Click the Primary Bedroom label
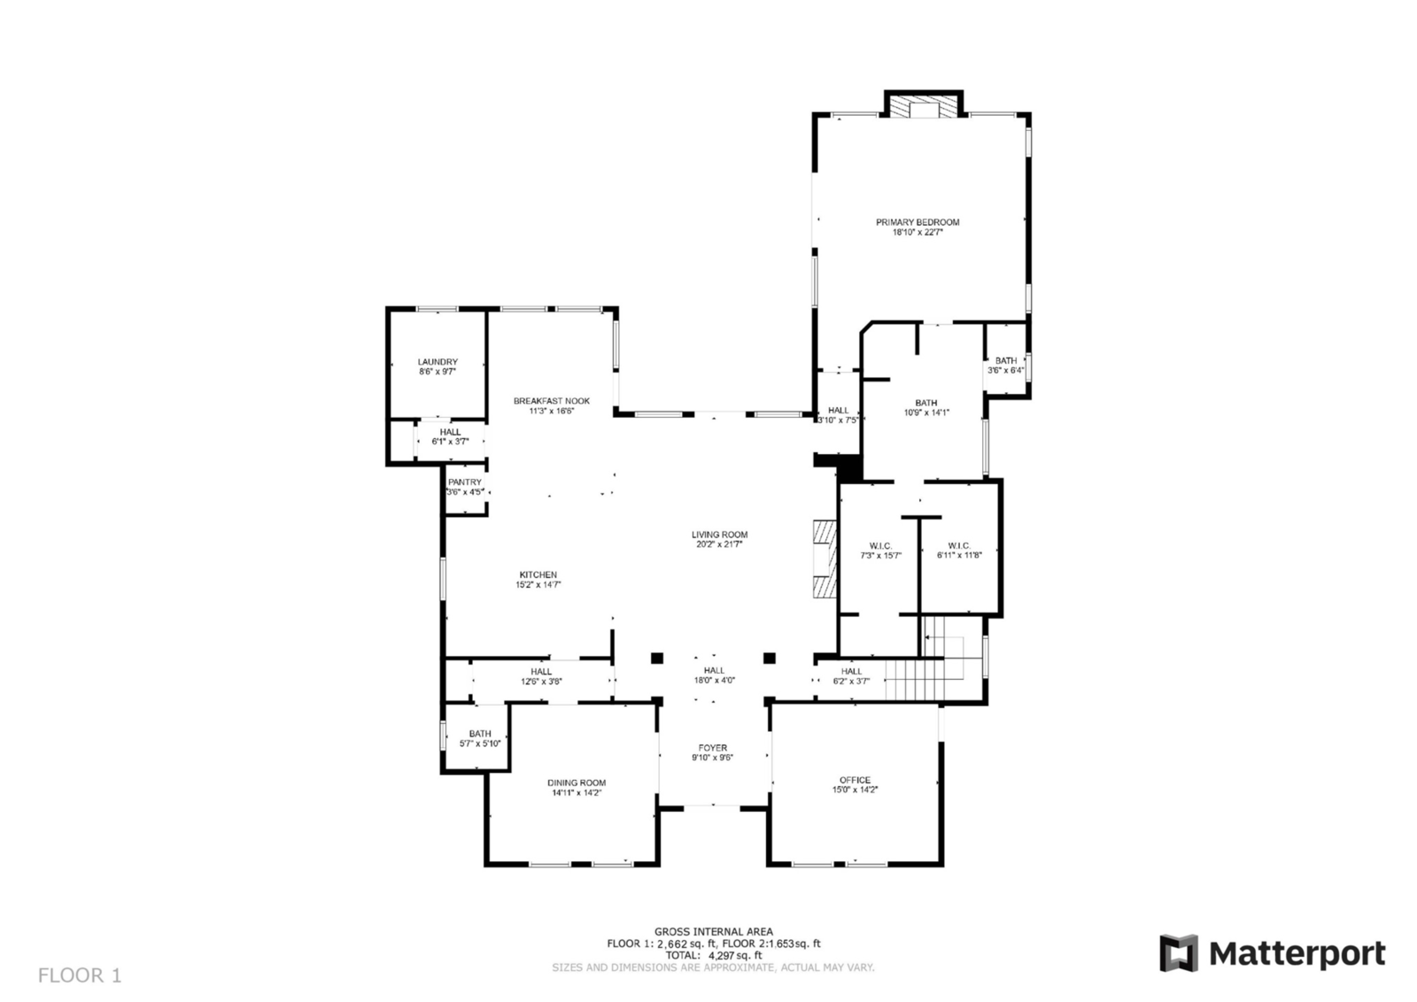[918, 222]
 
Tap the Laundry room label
[437, 362]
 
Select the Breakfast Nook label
[551, 401]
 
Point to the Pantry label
[465, 482]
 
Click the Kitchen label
[538, 575]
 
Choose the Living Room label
[719, 535]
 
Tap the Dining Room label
[577, 782]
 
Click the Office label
[855, 780]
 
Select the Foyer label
[713, 748]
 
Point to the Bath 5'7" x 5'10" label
[480, 734]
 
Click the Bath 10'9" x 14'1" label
[926, 403]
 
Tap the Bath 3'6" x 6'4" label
[1006, 360]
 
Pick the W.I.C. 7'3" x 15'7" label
[880, 546]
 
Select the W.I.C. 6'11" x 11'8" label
[959, 546]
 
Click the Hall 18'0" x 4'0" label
[714, 671]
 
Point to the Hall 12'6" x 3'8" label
[541, 672]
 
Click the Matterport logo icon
[1178, 953]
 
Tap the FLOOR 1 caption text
[80, 975]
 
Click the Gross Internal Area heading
[713, 931]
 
